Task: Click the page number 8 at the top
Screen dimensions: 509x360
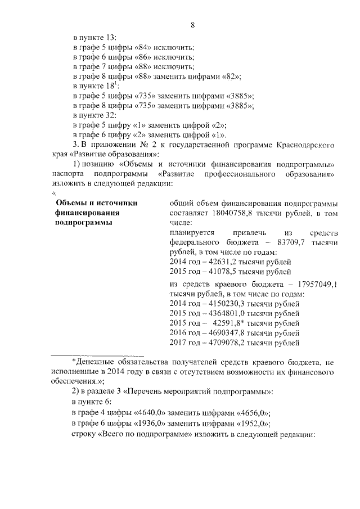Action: (x=192, y=25)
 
